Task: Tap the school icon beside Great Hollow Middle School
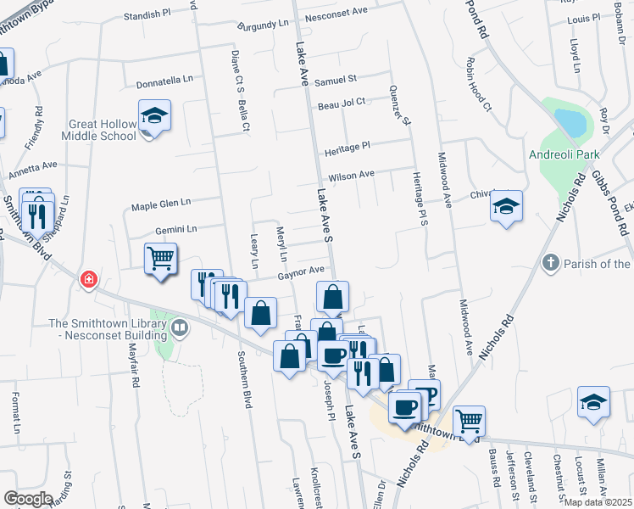155,116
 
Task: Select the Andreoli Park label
564,154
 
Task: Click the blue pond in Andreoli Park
570,124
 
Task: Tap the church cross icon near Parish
550,263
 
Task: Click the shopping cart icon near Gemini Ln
160,258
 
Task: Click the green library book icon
179,327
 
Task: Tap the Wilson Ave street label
351,176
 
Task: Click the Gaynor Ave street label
301,271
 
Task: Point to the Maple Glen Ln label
161,204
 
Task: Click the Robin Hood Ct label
478,85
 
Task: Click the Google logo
27,499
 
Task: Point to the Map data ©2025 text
598,502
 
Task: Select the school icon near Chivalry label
506,207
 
